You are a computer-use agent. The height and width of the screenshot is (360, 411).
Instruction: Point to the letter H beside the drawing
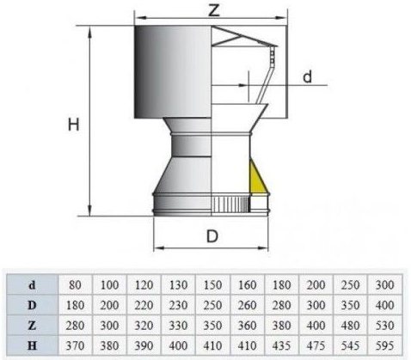pyautogui.click(x=76, y=125)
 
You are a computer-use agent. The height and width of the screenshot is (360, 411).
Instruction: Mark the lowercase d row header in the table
pyautogui.click(x=32, y=282)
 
